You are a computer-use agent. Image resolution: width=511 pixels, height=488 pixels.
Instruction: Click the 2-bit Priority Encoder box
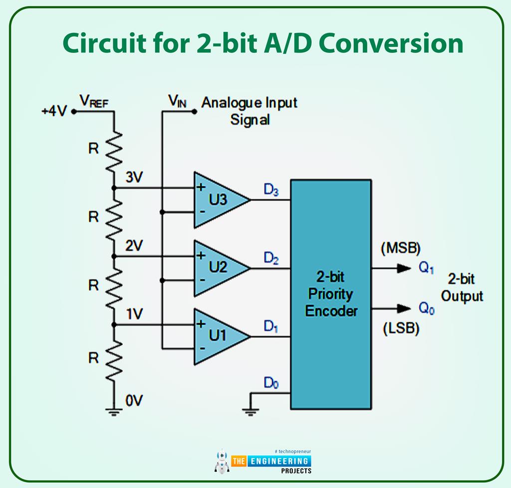(x=331, y=295)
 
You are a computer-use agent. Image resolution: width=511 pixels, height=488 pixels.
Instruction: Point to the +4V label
(x=54, y=111)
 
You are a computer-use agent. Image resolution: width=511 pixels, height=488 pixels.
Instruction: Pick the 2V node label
(x=134, y=246)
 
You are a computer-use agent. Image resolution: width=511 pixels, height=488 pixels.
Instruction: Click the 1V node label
(x=134, y=314)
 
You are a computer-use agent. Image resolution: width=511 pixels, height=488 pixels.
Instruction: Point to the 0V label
(x=134, y=401)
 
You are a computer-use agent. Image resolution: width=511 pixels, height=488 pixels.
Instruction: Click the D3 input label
(x=271, y=190)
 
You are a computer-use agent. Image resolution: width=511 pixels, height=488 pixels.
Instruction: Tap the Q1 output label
(x=426, y=268)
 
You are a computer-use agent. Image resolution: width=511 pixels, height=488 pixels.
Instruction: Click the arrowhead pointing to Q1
(x=404, y=268)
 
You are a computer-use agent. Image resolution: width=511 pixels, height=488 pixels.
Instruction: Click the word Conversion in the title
(x=391, y=44)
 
